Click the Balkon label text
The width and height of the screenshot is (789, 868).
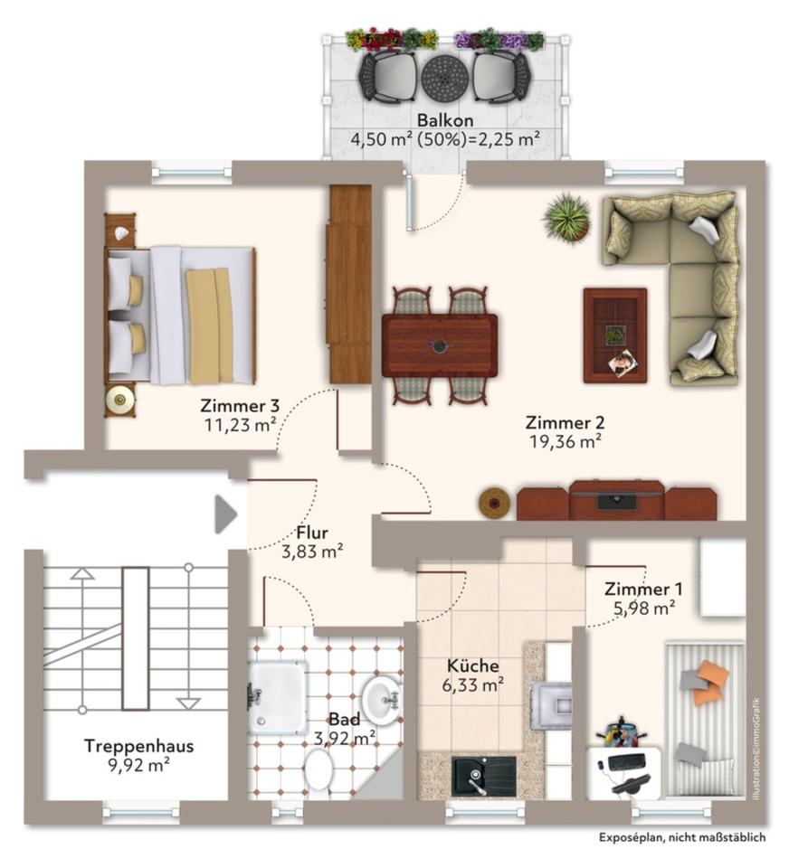pyautogui.click(x=444, y=120)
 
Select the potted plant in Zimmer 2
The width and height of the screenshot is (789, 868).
pyautogui.click(x=567, y=217)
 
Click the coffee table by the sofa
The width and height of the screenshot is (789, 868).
pyautogui.click(x=614, y=335)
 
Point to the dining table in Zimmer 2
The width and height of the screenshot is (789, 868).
pyautogui.click(x=440, y=345)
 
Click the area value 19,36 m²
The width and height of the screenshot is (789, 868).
pyautogui.click(x=566, y=441)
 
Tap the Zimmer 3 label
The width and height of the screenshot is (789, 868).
pyautogui.click(x=239, y=405)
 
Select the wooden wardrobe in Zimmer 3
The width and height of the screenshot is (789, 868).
pyautogui.click(x=350, y=284)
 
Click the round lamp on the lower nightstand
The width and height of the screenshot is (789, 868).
pyautogui.click(x=119, y=398)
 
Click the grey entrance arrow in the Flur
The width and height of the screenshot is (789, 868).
pyautogui.click(x=224, y=515)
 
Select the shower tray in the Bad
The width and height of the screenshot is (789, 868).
pyautogui.click(x=277, y=695)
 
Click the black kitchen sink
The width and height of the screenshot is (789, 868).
pyautogui.click(x=478, y=776)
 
